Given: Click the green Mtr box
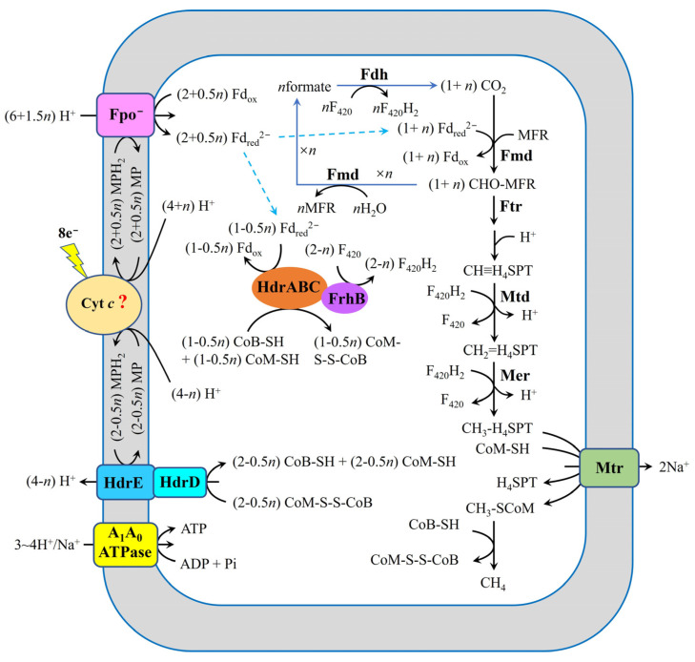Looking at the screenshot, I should pyautogui.click(x=606, y=468).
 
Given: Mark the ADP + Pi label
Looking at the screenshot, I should pyautogui.click(x=208, y=564).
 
